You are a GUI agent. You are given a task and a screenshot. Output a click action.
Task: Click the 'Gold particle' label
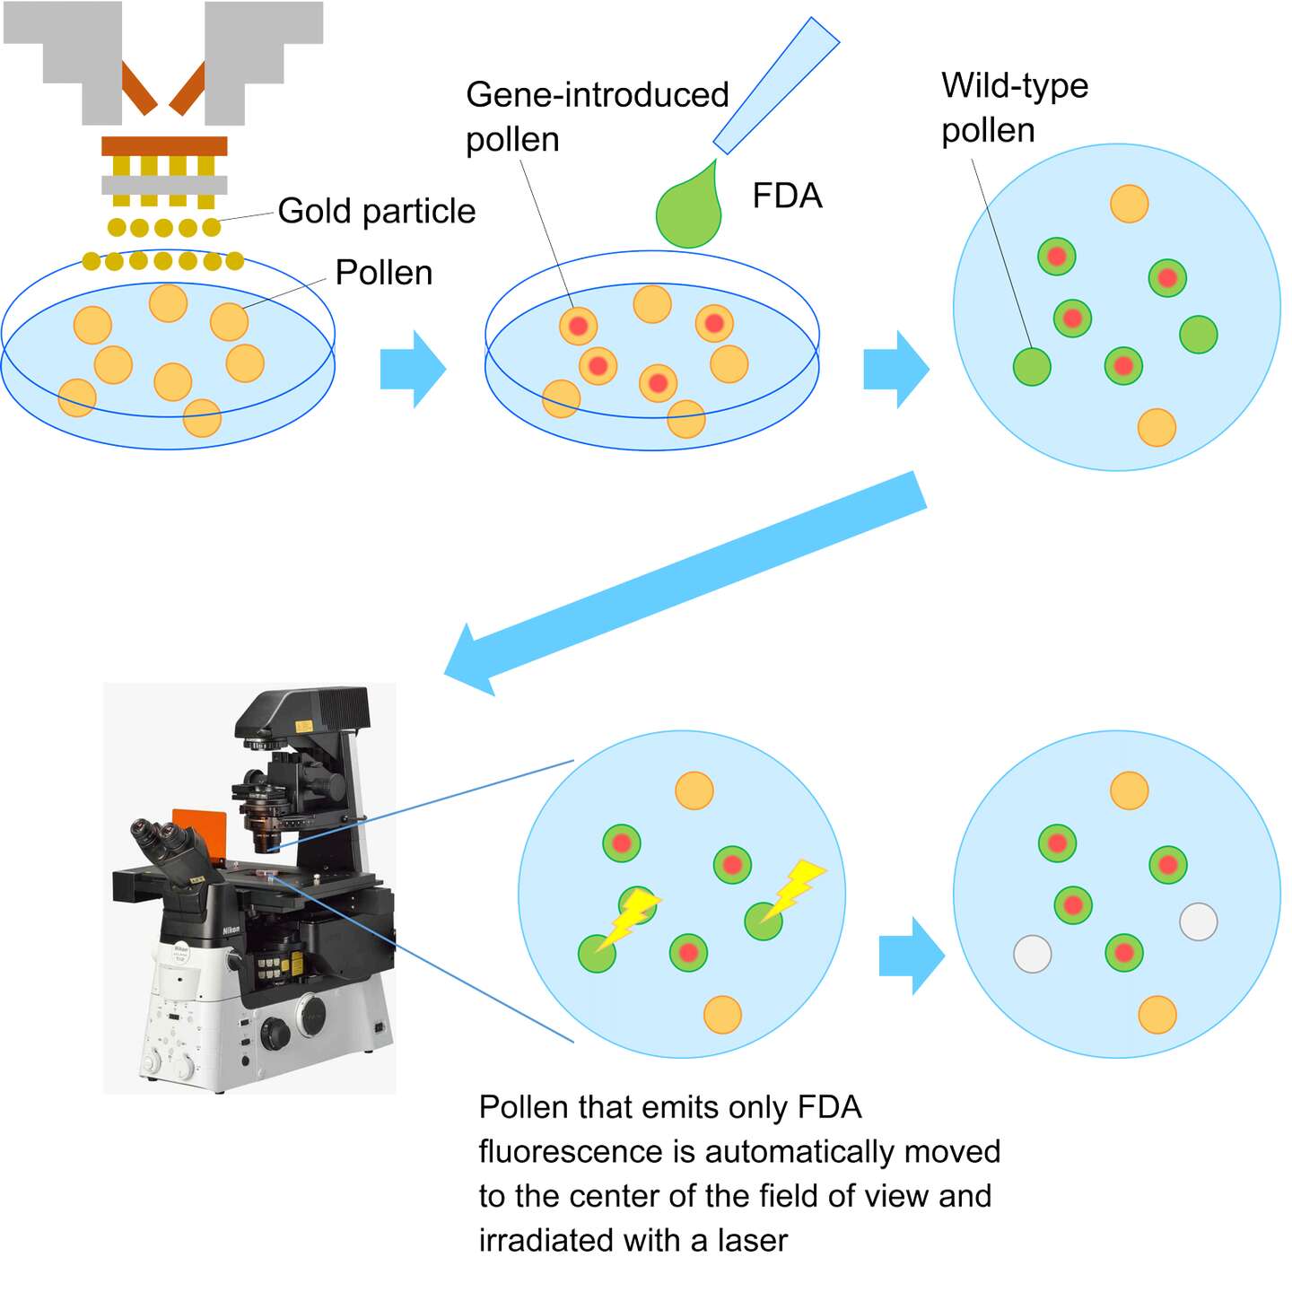click(x=376, y=212)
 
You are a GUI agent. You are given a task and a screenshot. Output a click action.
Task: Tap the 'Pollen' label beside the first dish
click(x=383, y=273)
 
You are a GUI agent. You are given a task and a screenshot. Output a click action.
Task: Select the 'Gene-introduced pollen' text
click(x=596, y=117)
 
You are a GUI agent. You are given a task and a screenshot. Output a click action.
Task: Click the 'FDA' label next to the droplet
click(x=787, y=196)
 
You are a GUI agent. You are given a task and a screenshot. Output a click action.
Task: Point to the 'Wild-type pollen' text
click(x=1014, y=107)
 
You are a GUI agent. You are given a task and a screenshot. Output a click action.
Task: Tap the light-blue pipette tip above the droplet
click(x=776, y=85)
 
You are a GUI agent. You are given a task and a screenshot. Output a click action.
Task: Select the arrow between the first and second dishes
click(x=413, y=369)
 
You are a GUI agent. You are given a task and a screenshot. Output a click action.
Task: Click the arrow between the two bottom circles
click(x=911, y=956)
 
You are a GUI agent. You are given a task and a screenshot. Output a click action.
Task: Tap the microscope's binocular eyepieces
click(x=161, y=839)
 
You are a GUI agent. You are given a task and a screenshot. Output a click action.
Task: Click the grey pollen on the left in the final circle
click(x=1032, y=953)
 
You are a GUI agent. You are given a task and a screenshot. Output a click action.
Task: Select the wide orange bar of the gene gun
click(x=164, y=145)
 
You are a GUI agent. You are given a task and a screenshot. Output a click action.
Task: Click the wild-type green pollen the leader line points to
click(x=1032, y=366)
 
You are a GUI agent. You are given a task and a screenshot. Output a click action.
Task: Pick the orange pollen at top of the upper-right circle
click(x=1129, y=204)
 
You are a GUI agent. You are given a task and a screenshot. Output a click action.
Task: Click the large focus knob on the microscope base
click(x=275, y=1034)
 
